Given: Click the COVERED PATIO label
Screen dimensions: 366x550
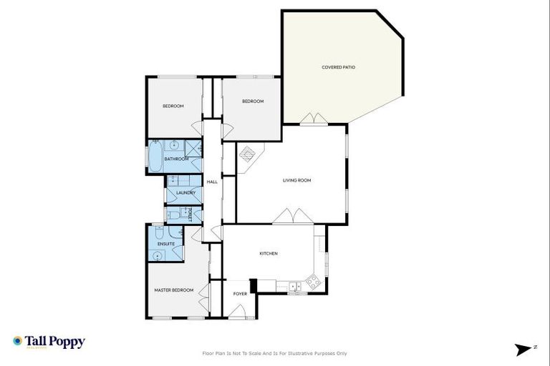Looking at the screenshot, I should point(338,67).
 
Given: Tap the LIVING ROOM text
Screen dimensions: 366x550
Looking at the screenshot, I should point(296,180).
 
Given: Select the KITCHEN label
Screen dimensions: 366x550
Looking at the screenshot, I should point(268,254).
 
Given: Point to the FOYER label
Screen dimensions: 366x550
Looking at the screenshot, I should point(240,293).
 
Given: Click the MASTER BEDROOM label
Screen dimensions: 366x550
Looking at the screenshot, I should point(174,290).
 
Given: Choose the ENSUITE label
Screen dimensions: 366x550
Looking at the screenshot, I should point(166,244).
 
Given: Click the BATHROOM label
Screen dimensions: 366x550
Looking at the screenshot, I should point(176,159).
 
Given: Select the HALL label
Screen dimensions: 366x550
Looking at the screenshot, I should point(212,182).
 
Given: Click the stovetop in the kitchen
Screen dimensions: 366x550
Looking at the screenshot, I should point(313,282).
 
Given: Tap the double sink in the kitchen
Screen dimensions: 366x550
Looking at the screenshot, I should point(294,287).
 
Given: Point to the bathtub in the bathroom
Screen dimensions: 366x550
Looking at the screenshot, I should point(155,157).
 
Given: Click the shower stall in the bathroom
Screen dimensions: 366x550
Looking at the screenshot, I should point(193,148).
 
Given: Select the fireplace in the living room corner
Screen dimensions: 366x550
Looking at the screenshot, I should point(248,154).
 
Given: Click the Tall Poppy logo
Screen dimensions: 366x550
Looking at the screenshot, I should point(49,342).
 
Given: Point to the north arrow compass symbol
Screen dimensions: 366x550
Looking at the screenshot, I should point(524,349).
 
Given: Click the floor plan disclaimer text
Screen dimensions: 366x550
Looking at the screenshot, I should point(275,353).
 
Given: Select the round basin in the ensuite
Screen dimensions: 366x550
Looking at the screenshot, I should point(160,254).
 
